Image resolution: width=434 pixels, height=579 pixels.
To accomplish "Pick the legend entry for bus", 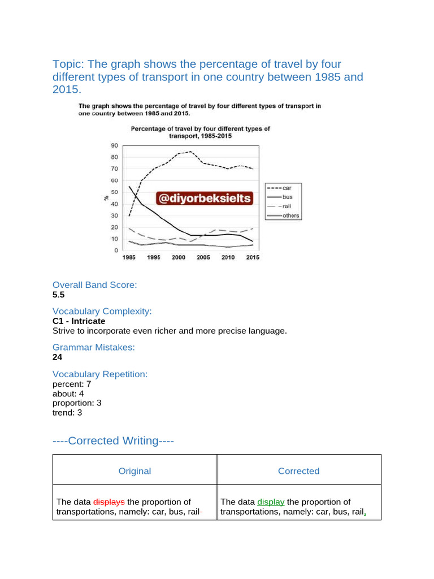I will (283, 197).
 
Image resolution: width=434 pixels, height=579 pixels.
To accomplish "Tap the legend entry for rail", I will (283, 206).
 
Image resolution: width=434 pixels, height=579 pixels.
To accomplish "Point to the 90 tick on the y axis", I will (114, 145).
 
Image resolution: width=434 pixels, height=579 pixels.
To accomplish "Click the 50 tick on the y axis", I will (114, 192).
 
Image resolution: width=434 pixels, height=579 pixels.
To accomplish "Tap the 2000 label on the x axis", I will (179, 257).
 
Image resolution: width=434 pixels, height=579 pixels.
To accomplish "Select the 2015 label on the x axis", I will (253, 257).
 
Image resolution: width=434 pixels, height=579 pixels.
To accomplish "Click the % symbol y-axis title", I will (106, 198).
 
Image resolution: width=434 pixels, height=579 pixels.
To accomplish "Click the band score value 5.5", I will (59, 295).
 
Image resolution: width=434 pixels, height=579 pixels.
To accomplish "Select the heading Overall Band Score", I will (94, 285).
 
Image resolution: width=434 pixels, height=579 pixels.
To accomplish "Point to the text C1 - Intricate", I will (79, 321).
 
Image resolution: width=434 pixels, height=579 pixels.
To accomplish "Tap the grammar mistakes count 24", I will (57, 357).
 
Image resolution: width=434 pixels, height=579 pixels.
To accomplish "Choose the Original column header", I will (134, 471).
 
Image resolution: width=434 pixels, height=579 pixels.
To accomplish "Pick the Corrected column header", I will (298, 471).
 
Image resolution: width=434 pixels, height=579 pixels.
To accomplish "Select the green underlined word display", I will (271, 502).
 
